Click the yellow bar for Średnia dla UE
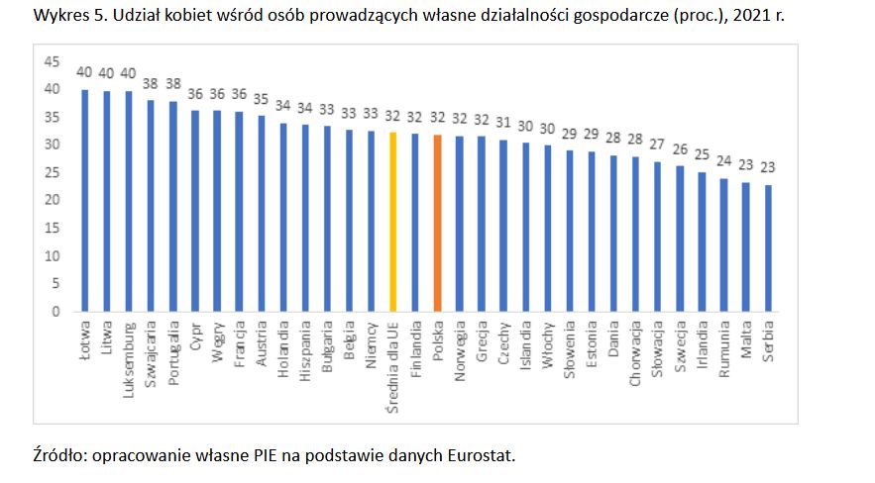pos(392,222)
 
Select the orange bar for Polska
pos(436,223)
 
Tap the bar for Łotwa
pos(85,200)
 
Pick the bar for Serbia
pos(769,247)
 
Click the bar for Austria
pos(262,213)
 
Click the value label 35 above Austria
pos(262,99)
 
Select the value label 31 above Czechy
pos(503,122)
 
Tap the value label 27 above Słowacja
pos(658,145)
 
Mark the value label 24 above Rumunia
pos(724,161)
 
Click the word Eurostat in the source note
pos(483,455)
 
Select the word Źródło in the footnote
pos(58,455)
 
